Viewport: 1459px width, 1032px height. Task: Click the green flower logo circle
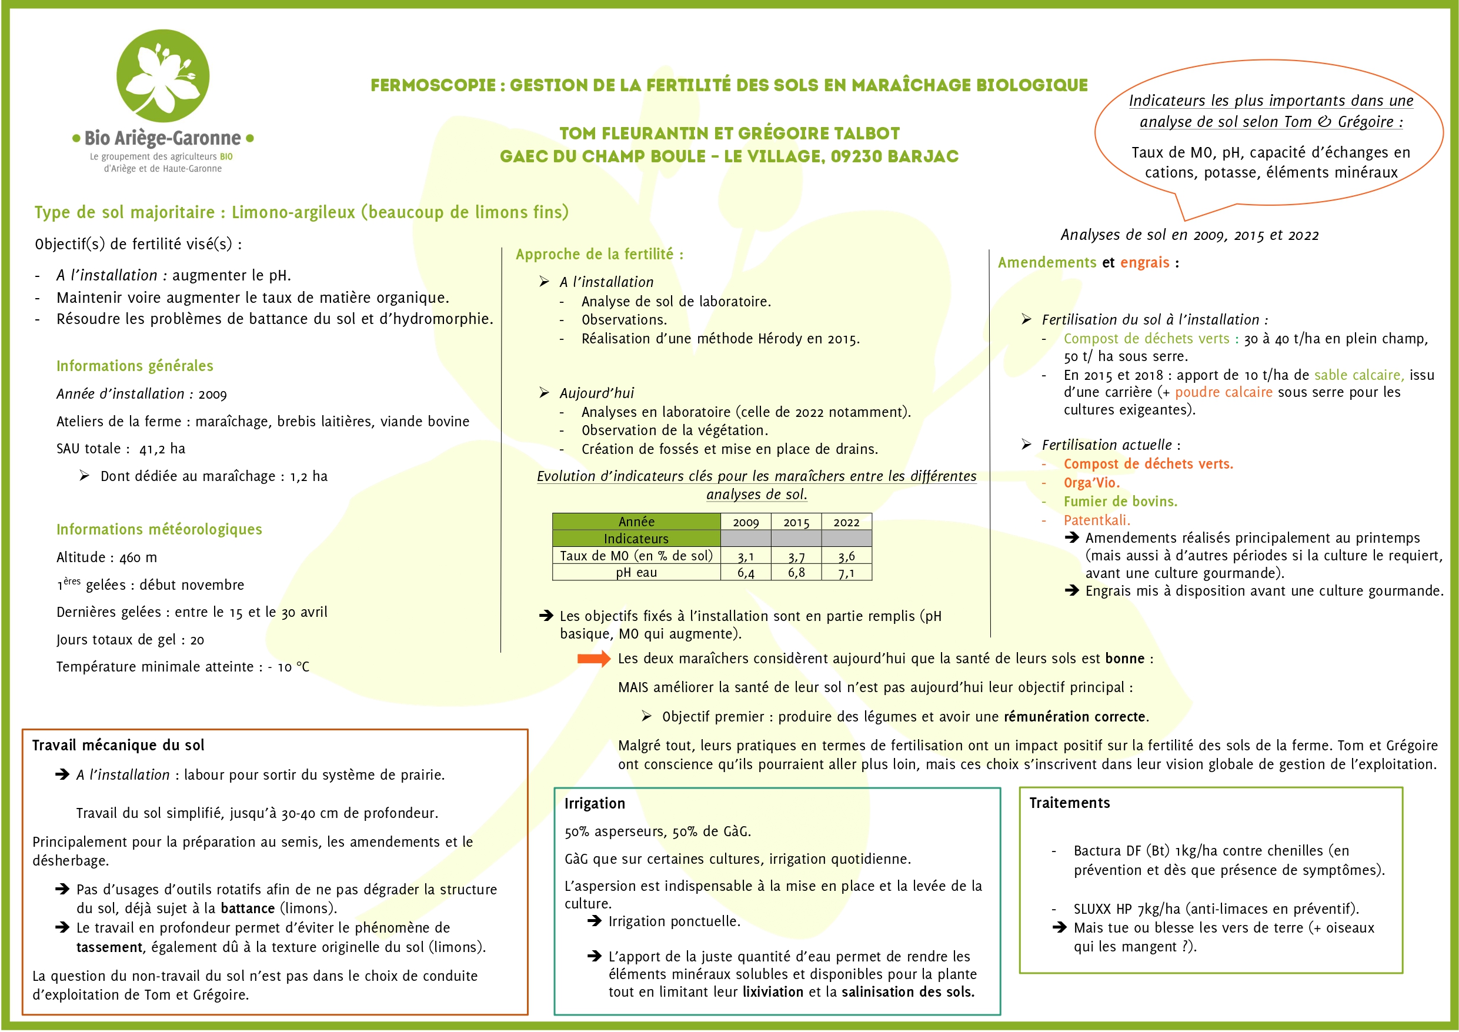point(163,76)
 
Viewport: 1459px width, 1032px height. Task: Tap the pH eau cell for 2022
point(846,573)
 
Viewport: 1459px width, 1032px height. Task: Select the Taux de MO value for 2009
point(746,557)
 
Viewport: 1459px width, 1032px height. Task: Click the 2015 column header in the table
point(796,522)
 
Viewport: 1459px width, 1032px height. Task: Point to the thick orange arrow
point(593,659)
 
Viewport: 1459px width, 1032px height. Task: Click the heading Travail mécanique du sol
point(118,745)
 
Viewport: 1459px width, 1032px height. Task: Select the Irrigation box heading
point(595,803)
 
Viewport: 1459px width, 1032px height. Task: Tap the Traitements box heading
point(1070,803)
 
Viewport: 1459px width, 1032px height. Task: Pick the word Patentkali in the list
point(1096,520)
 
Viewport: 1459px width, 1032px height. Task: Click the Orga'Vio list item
point(1091,483)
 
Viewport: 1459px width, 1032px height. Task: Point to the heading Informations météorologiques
point(159,529)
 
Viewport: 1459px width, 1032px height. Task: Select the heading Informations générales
point(135,366)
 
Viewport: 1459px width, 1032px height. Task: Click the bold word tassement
point(109,947)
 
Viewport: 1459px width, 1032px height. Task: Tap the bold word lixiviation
point(773,992)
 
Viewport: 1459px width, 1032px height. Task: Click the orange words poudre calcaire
point(1223,392)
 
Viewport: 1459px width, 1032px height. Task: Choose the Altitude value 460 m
point(138,557)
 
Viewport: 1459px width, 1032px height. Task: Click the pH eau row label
point(636,573)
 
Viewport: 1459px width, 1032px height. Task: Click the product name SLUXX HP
point(1101,909)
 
